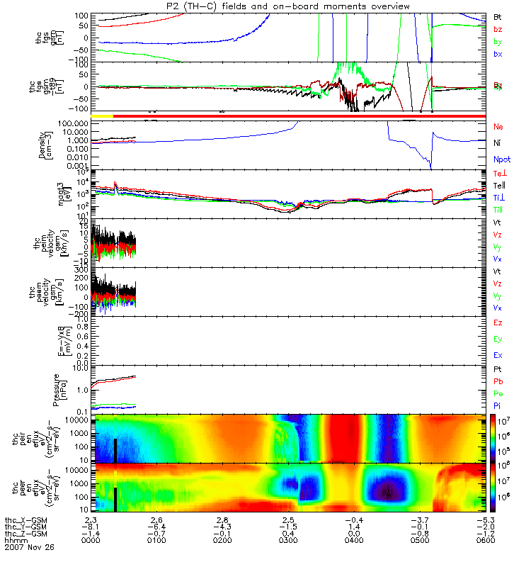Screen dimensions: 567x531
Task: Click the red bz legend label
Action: click(x=499, y=29)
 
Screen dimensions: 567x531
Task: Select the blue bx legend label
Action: click(x=499, y=55)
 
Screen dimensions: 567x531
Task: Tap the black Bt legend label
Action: click(x=498, y=16)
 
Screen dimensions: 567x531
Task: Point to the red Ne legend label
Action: click(x=498, y=126)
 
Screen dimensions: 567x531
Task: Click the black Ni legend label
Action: click(x=498, y=143)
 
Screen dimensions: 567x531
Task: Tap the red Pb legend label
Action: click(x=498, y=382)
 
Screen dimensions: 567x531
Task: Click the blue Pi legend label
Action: click(x=498, y=406)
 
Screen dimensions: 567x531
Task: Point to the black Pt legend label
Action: click(x=498, y=370)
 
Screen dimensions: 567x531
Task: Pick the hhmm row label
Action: click(x=13, y=541)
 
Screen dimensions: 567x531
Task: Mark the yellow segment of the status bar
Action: click(x=103, y=115)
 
